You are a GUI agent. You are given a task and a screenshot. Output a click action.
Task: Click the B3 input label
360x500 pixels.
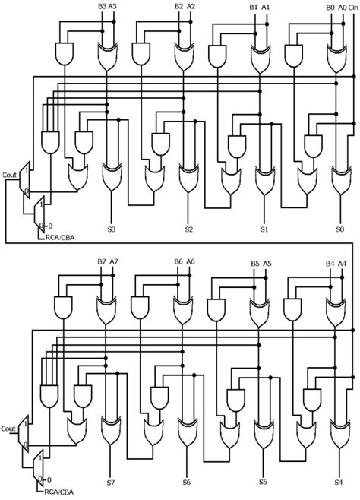pos(102,6)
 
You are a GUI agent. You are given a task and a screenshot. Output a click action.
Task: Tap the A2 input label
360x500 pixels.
pos(191,6)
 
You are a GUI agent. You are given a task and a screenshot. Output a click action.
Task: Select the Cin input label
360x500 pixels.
pos(352,7)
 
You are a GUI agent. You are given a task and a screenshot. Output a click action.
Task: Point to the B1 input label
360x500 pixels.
pos(254,7)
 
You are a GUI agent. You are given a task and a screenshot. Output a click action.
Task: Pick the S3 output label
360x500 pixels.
pos(112,229)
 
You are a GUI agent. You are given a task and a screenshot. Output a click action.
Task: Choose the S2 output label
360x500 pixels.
pos(188,229)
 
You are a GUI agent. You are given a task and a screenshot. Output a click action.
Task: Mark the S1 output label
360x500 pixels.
pos(264,229)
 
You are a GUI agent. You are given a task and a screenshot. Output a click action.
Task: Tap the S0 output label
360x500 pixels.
pos(339,229)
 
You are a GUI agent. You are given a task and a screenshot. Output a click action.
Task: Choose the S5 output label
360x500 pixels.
pos(263,482)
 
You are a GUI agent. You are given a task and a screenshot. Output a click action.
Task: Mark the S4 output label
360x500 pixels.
pos(339,482)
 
